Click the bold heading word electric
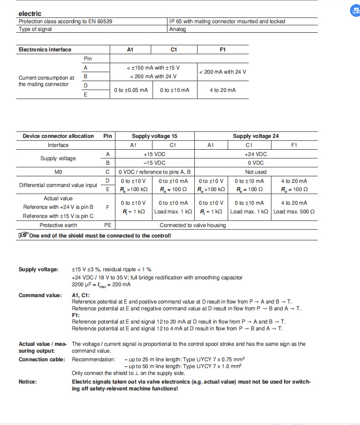30,14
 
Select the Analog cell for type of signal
177,29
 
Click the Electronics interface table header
45,50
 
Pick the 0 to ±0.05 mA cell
131,90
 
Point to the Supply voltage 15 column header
154,136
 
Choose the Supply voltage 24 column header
256,136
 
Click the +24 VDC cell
256,154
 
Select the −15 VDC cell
154,163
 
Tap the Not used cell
256,172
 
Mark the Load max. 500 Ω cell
294,212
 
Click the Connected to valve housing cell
193,225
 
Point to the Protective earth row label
58,225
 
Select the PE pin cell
107,225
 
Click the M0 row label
58,172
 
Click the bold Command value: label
40,295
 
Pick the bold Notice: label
28,382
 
